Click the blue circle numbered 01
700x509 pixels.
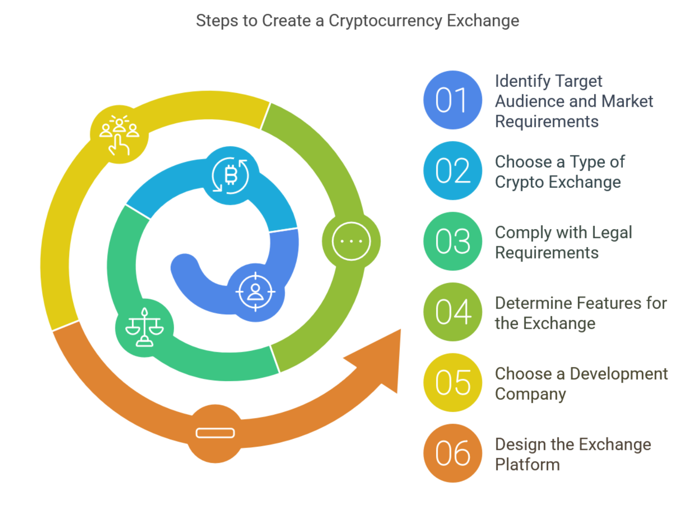[x=452, y=100]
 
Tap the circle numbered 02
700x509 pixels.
[x=452, y=170]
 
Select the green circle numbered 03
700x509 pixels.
[x=452, y=241]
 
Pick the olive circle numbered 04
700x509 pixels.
[x=452, y=312]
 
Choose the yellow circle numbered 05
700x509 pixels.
[x=452, y=382]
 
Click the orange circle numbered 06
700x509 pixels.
[x=452, y=453]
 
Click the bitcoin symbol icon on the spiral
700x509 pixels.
[x=231, y=175]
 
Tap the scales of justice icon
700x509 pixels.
[x=145, y=328]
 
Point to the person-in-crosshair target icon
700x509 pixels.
[x=256, y=292]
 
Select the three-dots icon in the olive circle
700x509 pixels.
[x=351, y=241]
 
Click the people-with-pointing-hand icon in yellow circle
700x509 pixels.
[x=119, y=134]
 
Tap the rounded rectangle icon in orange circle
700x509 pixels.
[x=215, y=433]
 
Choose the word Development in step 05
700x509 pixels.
[x=619, y=374]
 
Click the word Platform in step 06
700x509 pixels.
[x=527, y=465]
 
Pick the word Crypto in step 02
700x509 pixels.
[x=519, y=183]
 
